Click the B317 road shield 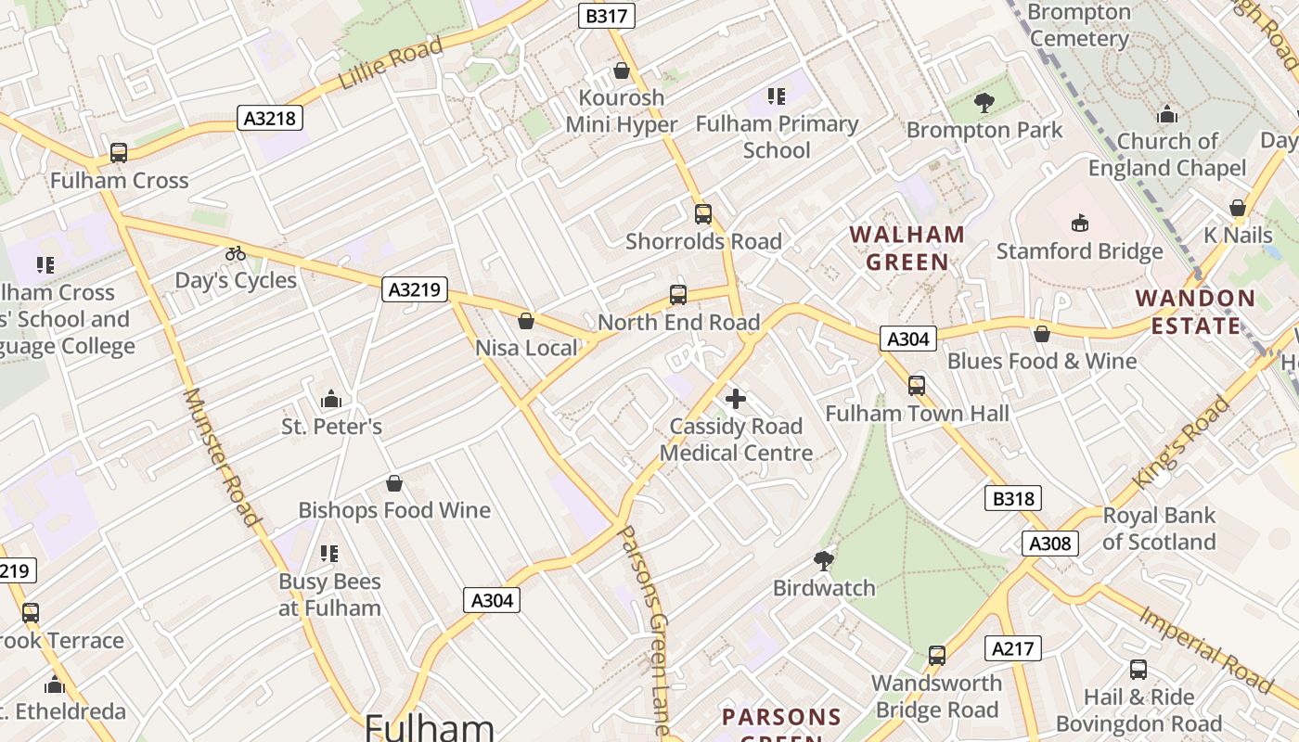607,16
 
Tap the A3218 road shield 271,118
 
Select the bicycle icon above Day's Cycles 236,253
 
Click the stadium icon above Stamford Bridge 1080,224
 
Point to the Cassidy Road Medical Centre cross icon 736,399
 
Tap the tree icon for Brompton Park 984,103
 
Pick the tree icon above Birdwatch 823,560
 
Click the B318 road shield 1013,499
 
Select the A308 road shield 1050,544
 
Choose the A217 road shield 1013,648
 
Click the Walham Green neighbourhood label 907,248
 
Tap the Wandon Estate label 1195,312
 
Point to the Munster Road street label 221,456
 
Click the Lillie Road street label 390,63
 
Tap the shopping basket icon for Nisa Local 526,321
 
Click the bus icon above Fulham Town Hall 917,385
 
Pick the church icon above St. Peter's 331,400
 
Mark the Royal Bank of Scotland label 1158,529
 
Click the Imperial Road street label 1206,649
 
